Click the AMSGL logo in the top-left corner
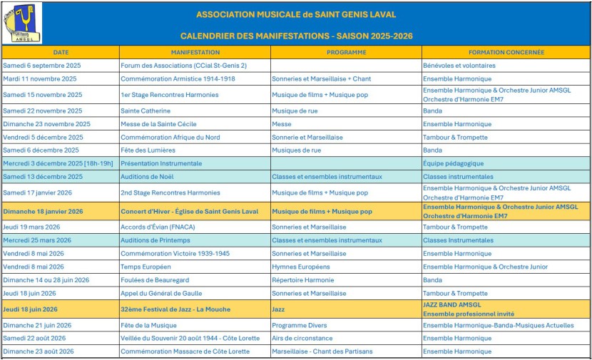tap(23, 23)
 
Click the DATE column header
tap(61, 52)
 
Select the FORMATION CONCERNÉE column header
tap(506, 52)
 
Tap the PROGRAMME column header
tap(346, 52)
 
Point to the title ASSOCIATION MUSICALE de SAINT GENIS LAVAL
tap(296, 14)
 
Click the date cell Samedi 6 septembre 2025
tap(42, 66)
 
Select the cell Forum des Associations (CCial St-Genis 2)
tap(183, 66)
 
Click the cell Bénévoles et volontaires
tap(459, 66)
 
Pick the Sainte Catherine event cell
tap(146, 110)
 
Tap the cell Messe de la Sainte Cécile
tap(158, 124)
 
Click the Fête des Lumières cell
tap(148, 150)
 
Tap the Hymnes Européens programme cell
tap(301, 267)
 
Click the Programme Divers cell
tap(299, 325)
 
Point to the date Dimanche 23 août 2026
tap(39, 351)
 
